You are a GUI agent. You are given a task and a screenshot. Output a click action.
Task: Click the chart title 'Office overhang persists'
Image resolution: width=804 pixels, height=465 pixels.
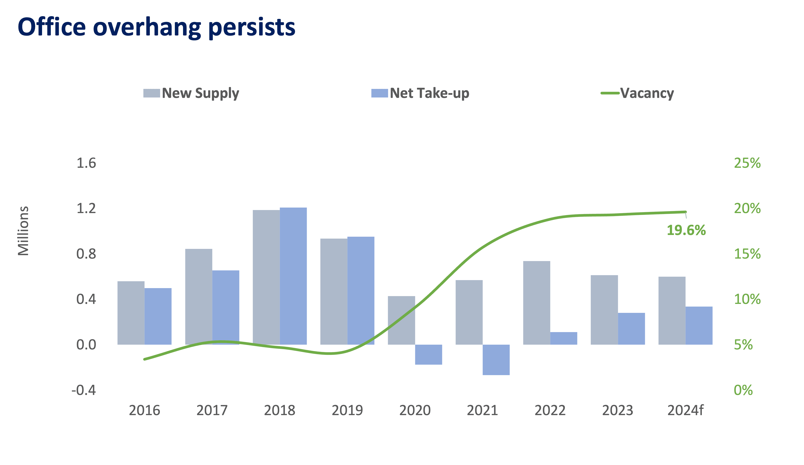click(156, 27)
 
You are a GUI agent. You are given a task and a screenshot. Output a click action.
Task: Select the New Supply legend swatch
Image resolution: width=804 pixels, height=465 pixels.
click(151, 93)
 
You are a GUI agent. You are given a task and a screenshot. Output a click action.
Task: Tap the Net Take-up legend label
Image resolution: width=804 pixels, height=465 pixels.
click(429, 93)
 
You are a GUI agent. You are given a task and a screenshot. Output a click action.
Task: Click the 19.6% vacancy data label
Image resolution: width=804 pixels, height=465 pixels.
click(686, 230)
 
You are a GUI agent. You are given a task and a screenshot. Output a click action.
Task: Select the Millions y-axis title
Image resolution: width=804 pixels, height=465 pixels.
click(23, 231)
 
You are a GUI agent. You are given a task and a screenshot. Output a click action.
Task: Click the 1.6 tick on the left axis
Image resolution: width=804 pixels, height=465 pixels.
click(86, 163)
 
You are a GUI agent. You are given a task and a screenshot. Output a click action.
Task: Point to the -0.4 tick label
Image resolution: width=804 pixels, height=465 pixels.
click(84, 390)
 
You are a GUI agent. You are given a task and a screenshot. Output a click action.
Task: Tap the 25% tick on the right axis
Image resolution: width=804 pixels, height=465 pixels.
click(747, 163)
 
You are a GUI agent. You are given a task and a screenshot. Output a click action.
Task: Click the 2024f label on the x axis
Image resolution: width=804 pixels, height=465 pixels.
click(685, 410)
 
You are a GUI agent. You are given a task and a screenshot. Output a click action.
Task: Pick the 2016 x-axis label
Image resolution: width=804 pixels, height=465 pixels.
click(144, 410)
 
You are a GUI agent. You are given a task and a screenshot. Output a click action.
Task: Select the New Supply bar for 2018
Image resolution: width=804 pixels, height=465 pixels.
click(266, 277)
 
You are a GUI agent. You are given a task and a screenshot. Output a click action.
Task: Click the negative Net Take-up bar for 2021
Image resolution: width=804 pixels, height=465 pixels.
click(496, 360)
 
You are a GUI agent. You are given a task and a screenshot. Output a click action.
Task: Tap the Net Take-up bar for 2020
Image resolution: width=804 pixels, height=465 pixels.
click(429, 355)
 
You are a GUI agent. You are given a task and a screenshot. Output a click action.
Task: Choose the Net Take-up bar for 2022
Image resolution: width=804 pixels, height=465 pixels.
click(564, 338)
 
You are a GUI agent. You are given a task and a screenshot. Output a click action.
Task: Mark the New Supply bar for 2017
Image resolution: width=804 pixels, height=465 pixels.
click(199, 297)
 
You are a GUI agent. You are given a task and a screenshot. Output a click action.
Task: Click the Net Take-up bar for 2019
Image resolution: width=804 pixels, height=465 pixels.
click(361, 291)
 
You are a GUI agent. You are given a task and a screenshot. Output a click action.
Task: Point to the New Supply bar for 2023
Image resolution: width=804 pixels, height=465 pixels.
click(604, 310)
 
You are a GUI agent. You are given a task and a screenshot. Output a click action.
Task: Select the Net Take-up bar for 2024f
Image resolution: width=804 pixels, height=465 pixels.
click(699, 326)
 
